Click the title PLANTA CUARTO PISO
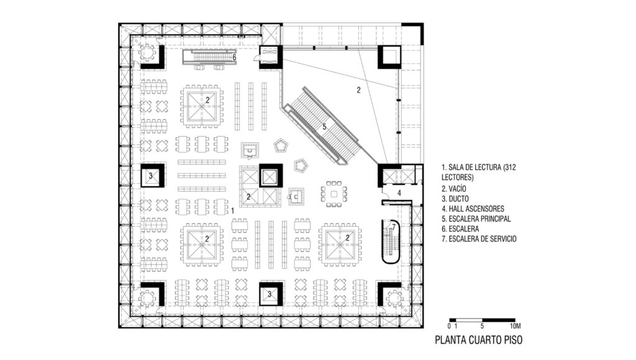(x=479, y=340)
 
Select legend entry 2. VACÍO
(x=454, y=189)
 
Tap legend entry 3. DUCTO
(x=455, y=199)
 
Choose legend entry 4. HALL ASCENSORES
(x=473, y=209)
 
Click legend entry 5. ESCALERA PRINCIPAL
(x=476, y=219)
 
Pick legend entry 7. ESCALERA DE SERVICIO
(x=479, y=239)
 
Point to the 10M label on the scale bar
(x=515, y=326)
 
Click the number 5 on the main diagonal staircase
(x=324, y=127)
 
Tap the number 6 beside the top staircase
(x=234, y=57)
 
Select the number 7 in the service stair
(x=393, y=227)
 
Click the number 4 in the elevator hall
(x=399, y=194)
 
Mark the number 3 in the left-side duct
(x=150, y=176)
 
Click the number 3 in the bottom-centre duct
(x=270, y=294)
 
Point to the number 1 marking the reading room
(x=232, y=211)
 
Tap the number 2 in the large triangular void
(x=358, y=91)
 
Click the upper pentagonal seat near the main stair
(x=280, y=145)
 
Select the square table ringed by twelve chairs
(x=334, y=194)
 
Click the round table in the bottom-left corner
(x=147, y=299)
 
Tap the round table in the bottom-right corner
(x=393, y=299)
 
